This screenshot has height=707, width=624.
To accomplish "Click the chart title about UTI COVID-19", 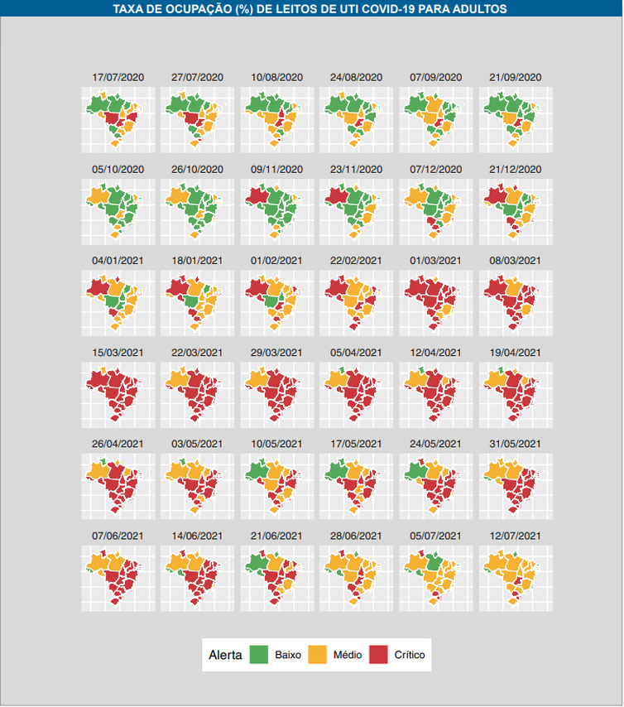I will pyautogui.click(x=310, y=8).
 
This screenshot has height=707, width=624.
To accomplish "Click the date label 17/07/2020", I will pyautogui.click(x=118, y=77).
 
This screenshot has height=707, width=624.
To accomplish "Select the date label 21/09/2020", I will pyautogui.click(x=516, y=77).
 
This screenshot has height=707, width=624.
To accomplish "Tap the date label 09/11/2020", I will pyautogui.click(x=277, y=169).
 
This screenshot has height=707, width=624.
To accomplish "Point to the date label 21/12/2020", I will pyautogui.click(x=516, y=169).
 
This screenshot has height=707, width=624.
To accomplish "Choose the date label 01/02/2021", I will pyautogui.click(x=277, y=260).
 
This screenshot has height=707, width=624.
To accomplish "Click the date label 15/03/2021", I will pyautogui.click(x=118, y=352).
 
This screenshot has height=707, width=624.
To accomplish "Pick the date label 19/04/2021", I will pyautogui.click(x=516, y=352).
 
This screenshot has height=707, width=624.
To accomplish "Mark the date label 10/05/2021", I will pyautogui.click(x=277, y=444).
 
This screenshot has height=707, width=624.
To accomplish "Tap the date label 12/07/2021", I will pyautogui.click(x=516, y=536).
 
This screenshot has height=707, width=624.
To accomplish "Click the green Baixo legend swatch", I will pyautogui.click(x=259, y=655).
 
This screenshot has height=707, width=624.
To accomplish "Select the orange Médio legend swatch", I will pyautogui.click(x=318, y=655).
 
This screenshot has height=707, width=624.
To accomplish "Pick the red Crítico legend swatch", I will pyautogui.click(x=378, y=655).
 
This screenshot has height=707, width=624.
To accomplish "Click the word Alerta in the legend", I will pyautogui.click(x=225, y=655).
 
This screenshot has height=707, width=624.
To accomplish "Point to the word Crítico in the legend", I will pyautogui.click(x=410, y=655).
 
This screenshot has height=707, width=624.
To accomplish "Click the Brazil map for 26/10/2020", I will pyautogui.click(x=196, y=208).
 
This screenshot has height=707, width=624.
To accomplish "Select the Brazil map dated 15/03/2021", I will pyautogui.click(x=117, y=392).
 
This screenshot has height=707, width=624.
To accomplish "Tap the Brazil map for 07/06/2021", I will pyautogui.click(x=117, y=575).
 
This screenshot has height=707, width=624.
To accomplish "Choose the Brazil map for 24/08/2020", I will pyautogui.click(x=355, y=116).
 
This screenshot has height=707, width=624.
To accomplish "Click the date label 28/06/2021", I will pyautogui.click(x=357, y=536).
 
